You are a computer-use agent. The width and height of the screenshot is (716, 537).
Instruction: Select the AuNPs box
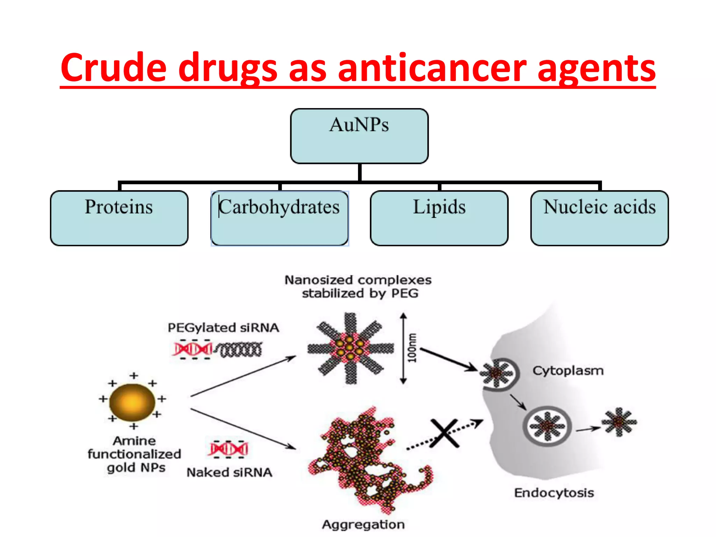(359, 136)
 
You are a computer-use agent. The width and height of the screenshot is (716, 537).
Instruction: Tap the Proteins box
(119, 218)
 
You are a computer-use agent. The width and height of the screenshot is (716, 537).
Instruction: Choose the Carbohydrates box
(279, 218)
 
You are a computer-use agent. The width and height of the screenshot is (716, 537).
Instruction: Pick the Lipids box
(439, 218)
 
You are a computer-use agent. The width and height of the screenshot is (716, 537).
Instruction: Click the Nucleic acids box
(599, 218)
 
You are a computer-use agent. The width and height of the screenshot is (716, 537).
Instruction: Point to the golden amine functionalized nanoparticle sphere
(132, 402)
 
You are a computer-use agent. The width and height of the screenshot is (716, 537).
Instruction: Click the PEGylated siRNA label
(223, 328)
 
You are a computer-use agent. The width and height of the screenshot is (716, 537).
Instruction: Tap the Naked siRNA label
(229, 472)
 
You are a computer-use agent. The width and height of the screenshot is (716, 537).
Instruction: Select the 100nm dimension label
(413, 348)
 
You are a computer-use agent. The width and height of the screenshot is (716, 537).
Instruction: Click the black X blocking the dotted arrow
(444, 433)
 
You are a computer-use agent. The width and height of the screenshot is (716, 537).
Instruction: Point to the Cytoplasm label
(568, 371)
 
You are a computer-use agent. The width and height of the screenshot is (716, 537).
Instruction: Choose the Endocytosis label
(554, 493)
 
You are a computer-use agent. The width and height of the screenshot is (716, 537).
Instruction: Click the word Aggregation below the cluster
(363, 524)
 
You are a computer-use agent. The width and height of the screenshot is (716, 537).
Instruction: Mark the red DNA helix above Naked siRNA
(229, 449)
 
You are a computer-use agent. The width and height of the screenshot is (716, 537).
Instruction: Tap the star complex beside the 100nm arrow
(350, 348)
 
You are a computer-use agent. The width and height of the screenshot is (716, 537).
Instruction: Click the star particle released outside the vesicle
(619, 422)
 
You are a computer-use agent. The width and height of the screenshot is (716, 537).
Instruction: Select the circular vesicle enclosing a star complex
(547, 426)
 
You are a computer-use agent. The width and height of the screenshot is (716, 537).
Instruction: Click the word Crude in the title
(114, 68)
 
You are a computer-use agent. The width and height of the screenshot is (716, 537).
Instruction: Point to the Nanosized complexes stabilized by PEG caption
(358, 286)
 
